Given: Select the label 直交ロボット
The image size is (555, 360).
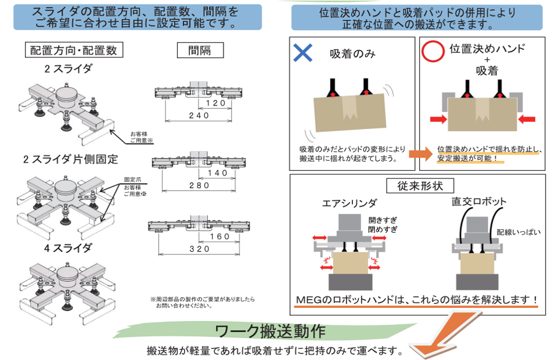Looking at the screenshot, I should (x=479, y=202).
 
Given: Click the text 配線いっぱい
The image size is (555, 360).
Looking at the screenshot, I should (x=519, y=232).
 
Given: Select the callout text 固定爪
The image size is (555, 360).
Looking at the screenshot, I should (x=132, y=180).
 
